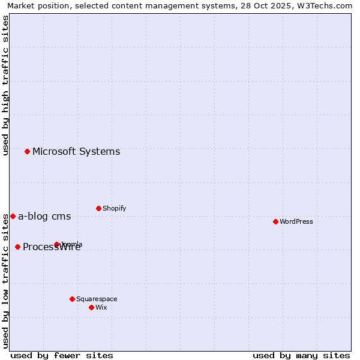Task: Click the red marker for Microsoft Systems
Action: (x=27, y=151)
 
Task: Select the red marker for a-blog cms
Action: (x=13, y=216)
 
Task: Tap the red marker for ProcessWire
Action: (x=17, y=247)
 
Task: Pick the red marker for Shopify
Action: (x=98, y=208)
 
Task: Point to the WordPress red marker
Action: (x=275, y=221)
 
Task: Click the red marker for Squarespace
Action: (x=72, y=299)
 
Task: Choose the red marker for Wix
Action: (x=91, y=307)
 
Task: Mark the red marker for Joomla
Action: (x=56, y=244)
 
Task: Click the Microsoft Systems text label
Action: (x=76, y=151)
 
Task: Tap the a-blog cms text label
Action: (x=44, y=216)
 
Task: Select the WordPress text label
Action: (x=296, y=221)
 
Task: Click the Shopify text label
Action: (x=115, y=208)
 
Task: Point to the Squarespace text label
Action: (x=97, y=299)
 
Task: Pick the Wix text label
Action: (x=101, y=307)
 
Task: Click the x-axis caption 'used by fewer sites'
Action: (x=62, y=355)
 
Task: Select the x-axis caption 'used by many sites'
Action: (x=301, y=355)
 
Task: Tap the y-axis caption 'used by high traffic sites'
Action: (x=5, y=85)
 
